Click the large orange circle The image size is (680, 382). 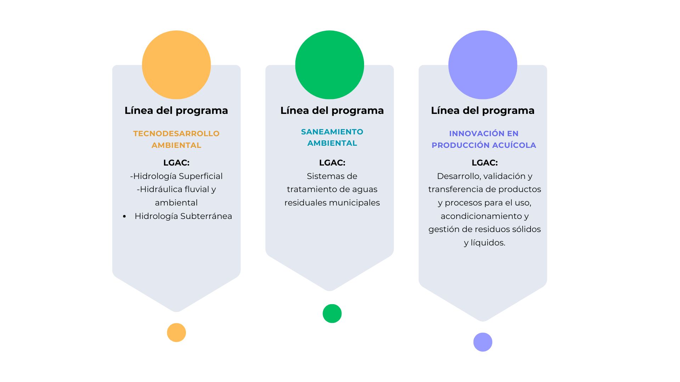176,65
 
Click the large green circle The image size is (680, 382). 330,65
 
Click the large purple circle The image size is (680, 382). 483,65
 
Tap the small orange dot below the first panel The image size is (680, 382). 176,332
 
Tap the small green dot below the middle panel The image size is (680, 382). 332,313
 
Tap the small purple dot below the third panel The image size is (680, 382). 483,342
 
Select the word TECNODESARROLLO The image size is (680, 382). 176,134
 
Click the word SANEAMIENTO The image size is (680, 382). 332,132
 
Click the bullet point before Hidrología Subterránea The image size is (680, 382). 124,216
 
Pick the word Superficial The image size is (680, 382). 200,176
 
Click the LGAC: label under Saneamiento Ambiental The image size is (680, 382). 332,163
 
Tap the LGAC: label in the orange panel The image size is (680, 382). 176,163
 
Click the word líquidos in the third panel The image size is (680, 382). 488,243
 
